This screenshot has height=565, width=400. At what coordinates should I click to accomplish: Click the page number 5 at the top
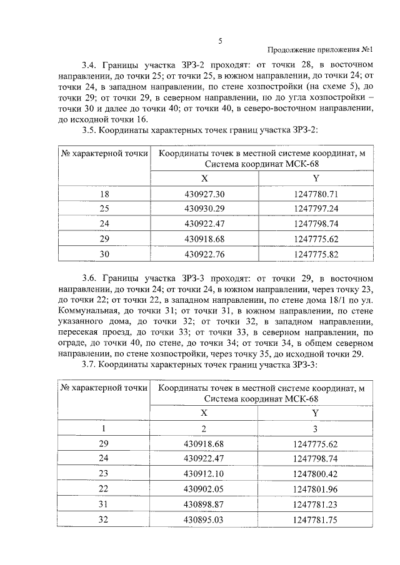pyautogui.click(x=220, y=41)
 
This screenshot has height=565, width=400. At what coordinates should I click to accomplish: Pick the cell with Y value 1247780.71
pyautogui.click(x=315, y=195)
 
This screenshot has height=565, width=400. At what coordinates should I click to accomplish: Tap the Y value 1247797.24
pyautogui.click(x=315, y=209)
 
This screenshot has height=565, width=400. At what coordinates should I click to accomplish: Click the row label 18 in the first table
pyautogui.click(x=104, y=195)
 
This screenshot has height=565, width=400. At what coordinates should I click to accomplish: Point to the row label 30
pyautogui.click(x=104, y=254)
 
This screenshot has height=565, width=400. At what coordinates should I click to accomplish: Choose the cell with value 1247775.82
pyautogui.click(x=315, y=254)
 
